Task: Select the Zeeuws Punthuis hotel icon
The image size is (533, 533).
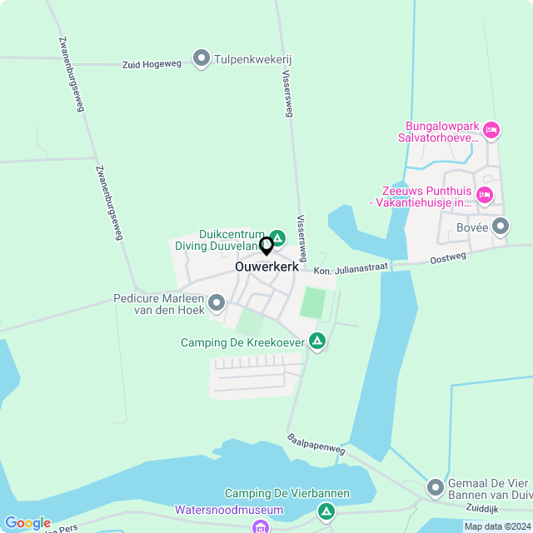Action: click(x=485, y=195)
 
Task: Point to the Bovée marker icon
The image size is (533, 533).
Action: click(x=500, y=226)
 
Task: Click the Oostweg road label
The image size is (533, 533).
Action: click(x=448, y=258)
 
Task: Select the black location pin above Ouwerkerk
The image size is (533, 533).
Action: click(x=266, y=246)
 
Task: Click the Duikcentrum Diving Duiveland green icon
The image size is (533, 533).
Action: click(x=279, y=237)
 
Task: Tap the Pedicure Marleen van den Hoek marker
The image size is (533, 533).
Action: click(x=217, y=302)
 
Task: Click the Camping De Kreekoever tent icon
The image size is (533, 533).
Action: click(x=316, y=341)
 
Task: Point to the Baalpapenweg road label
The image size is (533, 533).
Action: click(x=316, y=443)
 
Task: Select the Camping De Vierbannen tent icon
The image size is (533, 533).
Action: click(x=326, y=510)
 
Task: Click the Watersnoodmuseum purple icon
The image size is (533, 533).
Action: click(x=260, y=526)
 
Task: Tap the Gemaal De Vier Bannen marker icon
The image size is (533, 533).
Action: click(x=435, y=486)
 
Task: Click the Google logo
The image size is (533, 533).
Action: click(x=27, y=523)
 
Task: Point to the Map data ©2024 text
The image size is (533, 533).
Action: click(x=497, y=526)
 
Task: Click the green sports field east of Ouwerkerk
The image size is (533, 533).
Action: click(x=312, y=301)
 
